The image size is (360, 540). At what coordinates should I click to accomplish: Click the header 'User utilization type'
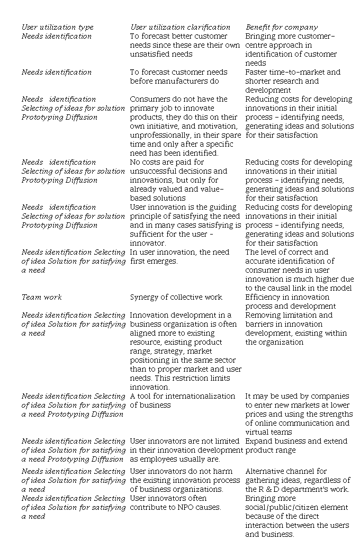tap(57, 27)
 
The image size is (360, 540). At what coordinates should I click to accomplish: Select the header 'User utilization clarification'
tap(180, 27)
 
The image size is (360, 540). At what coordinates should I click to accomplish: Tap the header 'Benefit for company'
tap(281, 27)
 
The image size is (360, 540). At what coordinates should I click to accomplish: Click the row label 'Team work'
tap(41, 297)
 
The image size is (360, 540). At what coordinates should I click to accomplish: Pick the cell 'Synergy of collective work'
tap(176, 297)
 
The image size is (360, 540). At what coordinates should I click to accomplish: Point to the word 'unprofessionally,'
tap(159, 135)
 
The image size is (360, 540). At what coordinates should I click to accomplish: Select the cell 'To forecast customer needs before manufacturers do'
tap(178, 76)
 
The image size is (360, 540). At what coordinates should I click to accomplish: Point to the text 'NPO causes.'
tap(198, 507)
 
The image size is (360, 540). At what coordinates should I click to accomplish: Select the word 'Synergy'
tap(145, 297)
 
